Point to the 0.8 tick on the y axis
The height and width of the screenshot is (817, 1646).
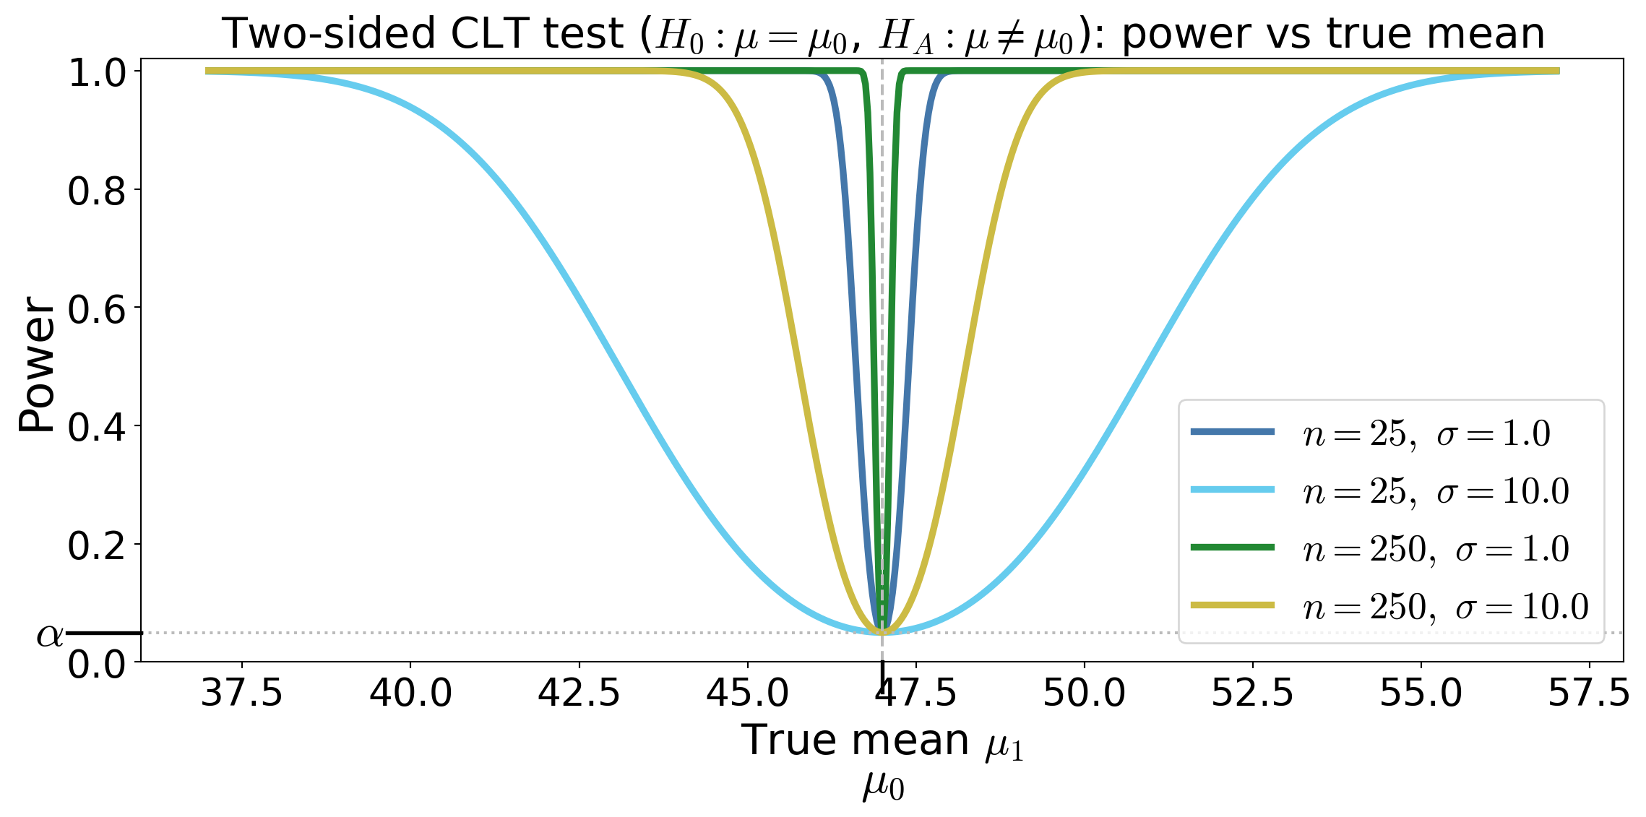[97, 191]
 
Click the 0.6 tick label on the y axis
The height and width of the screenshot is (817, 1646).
[97, 309]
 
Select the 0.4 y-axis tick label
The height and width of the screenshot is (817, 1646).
[97, 428]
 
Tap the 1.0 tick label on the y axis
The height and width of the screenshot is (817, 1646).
[97, 72]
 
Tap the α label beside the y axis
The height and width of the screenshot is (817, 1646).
[50, 635]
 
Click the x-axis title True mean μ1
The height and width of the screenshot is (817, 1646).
[883, 741]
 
